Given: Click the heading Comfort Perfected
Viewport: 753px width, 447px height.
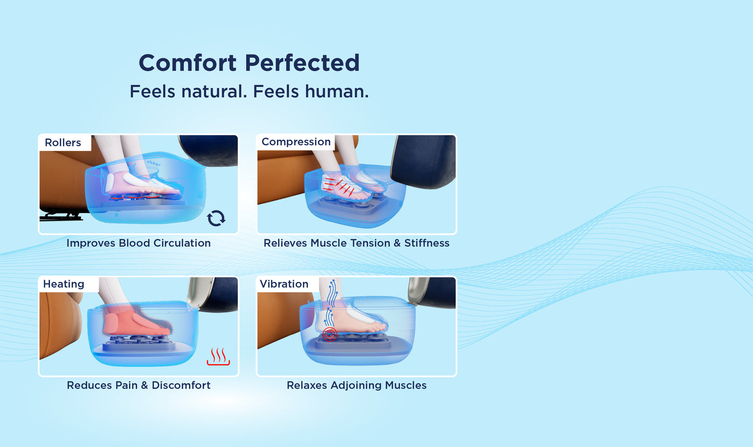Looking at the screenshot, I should point(249,63).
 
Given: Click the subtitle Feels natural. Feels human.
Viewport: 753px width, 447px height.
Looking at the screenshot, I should point(249,91).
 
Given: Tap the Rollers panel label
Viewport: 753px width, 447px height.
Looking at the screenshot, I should point(63,143).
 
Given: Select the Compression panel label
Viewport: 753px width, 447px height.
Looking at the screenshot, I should point(296,142).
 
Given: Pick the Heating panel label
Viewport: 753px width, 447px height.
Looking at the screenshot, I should point(63,284).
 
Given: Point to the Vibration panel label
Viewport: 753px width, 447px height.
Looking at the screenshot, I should point(284,284).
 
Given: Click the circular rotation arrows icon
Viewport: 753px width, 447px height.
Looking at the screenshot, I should point(216,218).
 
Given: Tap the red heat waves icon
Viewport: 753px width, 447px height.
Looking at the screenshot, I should point(218,357).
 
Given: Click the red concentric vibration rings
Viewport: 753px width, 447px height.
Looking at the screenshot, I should point(329,335).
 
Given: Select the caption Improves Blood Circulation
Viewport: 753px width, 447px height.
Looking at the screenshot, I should point(138,243).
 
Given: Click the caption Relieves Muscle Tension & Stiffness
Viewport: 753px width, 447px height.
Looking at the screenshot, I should point(356,243).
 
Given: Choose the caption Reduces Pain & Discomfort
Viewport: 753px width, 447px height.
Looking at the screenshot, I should point(138,385).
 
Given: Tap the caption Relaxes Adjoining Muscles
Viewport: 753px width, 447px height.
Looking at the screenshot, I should point(356,385).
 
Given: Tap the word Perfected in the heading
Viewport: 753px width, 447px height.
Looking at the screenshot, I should point(302,63).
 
